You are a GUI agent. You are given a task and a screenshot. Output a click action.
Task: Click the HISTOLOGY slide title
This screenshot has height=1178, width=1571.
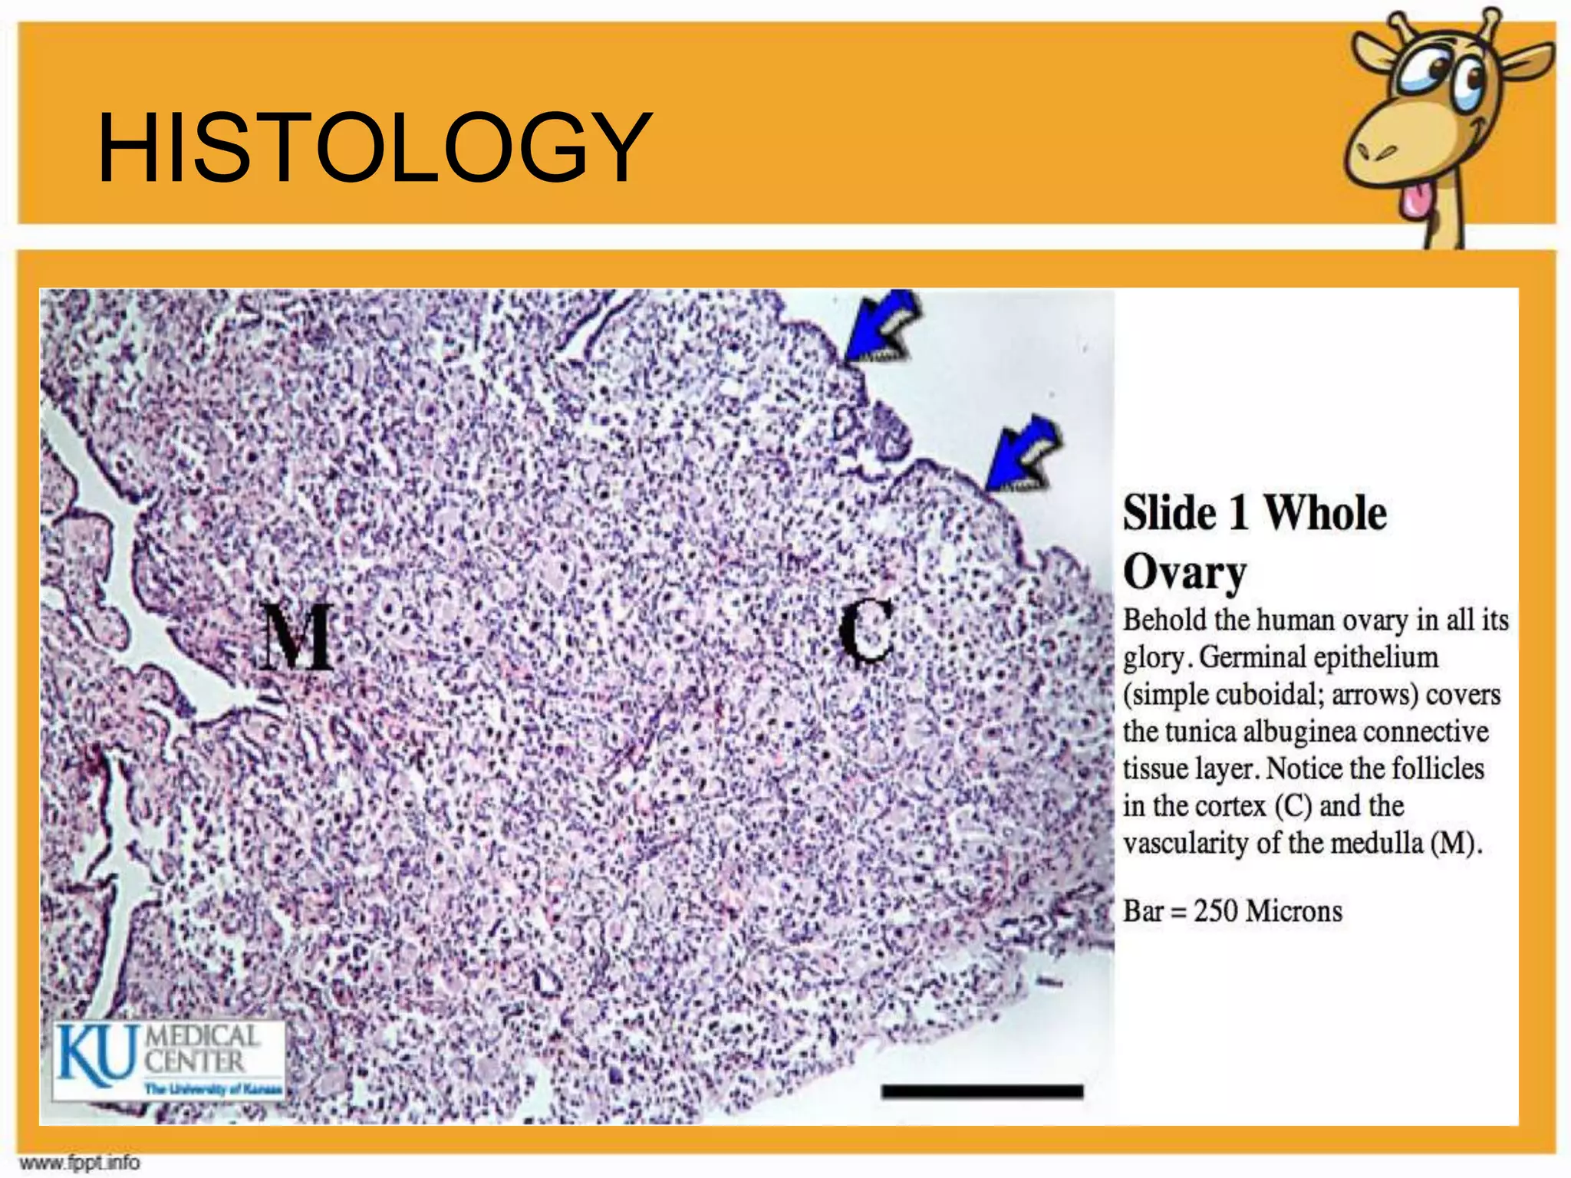[374, 147]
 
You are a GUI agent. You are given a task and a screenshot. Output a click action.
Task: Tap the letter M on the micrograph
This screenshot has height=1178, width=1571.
[296, 636]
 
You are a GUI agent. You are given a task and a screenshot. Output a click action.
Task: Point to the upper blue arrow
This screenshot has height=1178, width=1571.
[881, 329]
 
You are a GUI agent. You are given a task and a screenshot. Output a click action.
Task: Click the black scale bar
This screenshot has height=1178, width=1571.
[982, 1091]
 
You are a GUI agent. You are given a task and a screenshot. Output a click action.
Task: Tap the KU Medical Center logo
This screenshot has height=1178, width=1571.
[169, 1060]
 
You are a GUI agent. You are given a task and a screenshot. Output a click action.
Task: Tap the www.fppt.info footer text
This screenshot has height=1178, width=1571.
[80, 1163]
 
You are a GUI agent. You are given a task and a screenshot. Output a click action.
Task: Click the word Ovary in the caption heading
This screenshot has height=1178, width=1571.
[1184, 572]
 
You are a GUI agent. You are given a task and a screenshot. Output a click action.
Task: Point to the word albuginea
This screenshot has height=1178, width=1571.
[1299, 732]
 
